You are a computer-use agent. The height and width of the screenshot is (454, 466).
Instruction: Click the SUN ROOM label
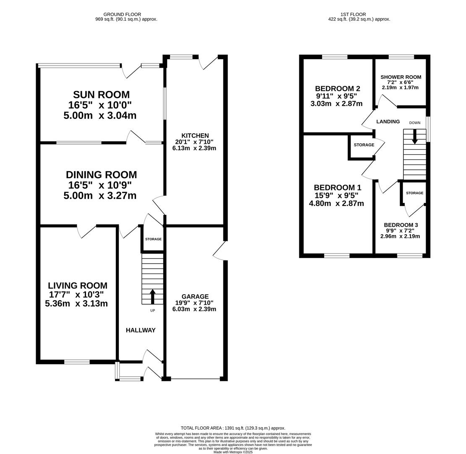(x=101, y=95)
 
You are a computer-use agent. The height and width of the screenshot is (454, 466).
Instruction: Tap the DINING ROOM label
(x=101, y=174)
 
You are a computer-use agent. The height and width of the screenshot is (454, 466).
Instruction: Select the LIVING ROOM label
(x=78, y=285)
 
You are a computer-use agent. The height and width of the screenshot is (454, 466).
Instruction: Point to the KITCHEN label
(x=195, y=135)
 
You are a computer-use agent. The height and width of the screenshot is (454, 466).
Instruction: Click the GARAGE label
(x=195, y=296)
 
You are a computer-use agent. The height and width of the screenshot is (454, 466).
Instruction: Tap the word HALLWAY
(x=141, y=330)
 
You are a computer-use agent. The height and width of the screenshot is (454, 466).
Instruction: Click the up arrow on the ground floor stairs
(x=152, y=296)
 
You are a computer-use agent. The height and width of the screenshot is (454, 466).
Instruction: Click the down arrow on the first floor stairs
(x=415, y=137)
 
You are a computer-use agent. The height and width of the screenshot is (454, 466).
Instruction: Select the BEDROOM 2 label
(x=338, y=88)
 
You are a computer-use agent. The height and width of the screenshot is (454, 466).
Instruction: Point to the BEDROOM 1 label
(x=338, y=187)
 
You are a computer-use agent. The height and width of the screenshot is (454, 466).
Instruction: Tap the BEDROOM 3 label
(x=401, y=225)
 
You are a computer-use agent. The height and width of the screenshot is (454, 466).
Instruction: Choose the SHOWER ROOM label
(x=401, y=77)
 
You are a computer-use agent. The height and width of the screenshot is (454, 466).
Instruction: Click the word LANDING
(x=388, y=121)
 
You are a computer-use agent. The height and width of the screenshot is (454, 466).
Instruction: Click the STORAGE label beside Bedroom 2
(x=364, y=145)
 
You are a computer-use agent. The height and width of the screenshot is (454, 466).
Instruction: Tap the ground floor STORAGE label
(x=153, y=239)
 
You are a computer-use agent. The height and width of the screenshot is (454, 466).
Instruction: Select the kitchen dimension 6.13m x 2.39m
(x=194, y=148)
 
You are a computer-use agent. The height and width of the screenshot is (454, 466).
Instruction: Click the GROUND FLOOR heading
(x=122, y=14)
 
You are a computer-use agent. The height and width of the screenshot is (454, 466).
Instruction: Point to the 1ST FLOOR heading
(x=353, y=14)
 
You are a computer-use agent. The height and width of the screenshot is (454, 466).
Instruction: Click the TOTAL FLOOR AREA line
(x=233, y=428)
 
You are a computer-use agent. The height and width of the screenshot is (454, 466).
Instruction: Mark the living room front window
(x=77, y=362)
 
